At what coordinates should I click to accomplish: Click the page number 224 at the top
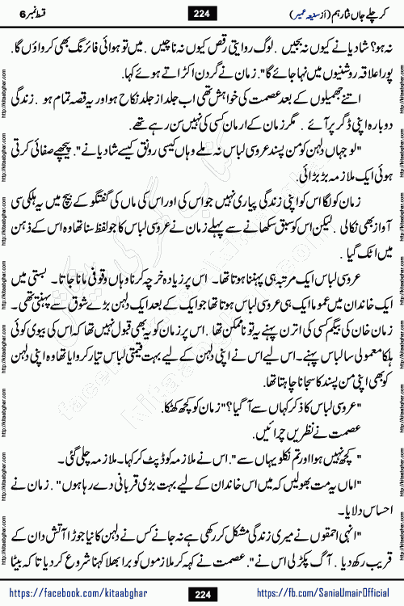pos(202,12)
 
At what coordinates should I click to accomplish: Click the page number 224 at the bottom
pos(202,595)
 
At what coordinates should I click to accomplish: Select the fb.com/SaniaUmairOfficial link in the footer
pos(315,595)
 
